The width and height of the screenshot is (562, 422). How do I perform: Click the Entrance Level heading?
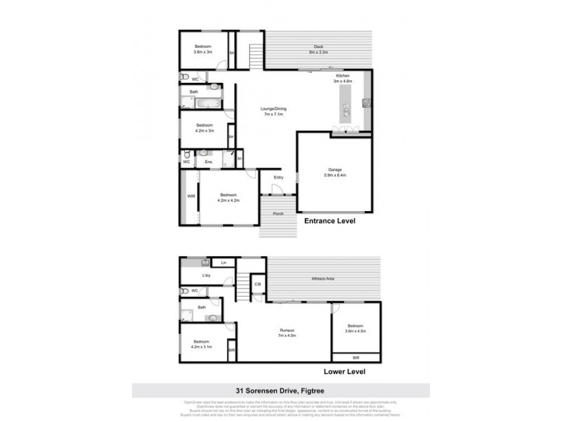pyautogui.click(x=329, y=221)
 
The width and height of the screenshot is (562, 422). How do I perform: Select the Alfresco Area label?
pyautogui.click(x=322, y=280)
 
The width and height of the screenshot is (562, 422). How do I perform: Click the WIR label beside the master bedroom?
pyautogui.click(x=190, y=196)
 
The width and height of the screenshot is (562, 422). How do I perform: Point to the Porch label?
pyautogui.click(x=278, y=214)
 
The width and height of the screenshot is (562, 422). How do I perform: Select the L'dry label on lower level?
pyautogui.click(x=207, y=275)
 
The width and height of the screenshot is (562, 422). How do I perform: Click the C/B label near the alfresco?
pyautogui.click(x=258, y=284)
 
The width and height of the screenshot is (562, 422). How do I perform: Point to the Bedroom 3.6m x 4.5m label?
pyautogui.click(x=355, y=328)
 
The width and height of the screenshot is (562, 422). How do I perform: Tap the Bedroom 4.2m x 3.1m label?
pyautogui.click(x=202, y=345)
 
